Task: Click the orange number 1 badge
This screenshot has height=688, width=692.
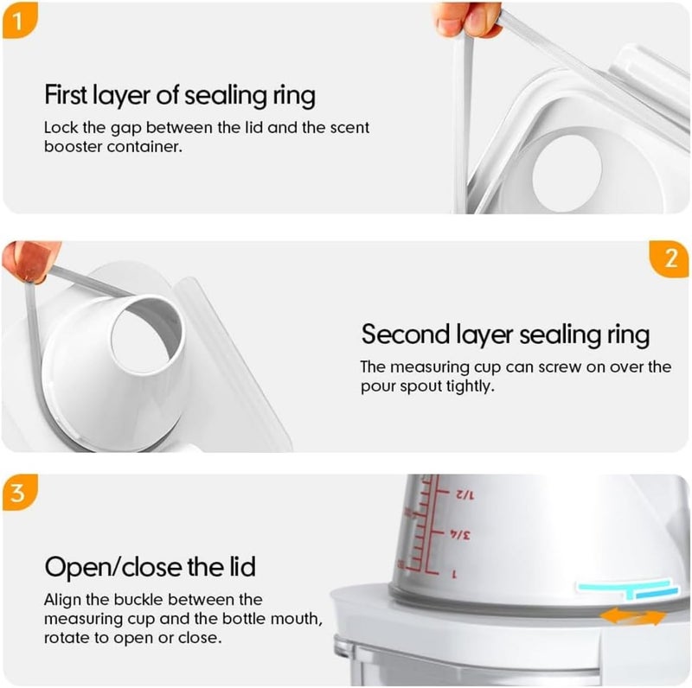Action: [19, 21]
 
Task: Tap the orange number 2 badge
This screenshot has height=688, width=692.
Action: [670, 258]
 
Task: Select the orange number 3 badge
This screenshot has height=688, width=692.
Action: [19, 493]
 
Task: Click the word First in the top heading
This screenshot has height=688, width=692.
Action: [66, 95]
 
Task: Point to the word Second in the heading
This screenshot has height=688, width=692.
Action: [406, 334]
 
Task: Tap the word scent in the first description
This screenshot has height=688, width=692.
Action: [349, 127]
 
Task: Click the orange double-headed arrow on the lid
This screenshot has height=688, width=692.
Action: [633, 616]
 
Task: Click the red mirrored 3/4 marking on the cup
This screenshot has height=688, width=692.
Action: [460, 535]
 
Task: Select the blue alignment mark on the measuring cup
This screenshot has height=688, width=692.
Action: [628, 589]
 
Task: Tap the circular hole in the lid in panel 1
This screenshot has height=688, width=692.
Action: [567, 173]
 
